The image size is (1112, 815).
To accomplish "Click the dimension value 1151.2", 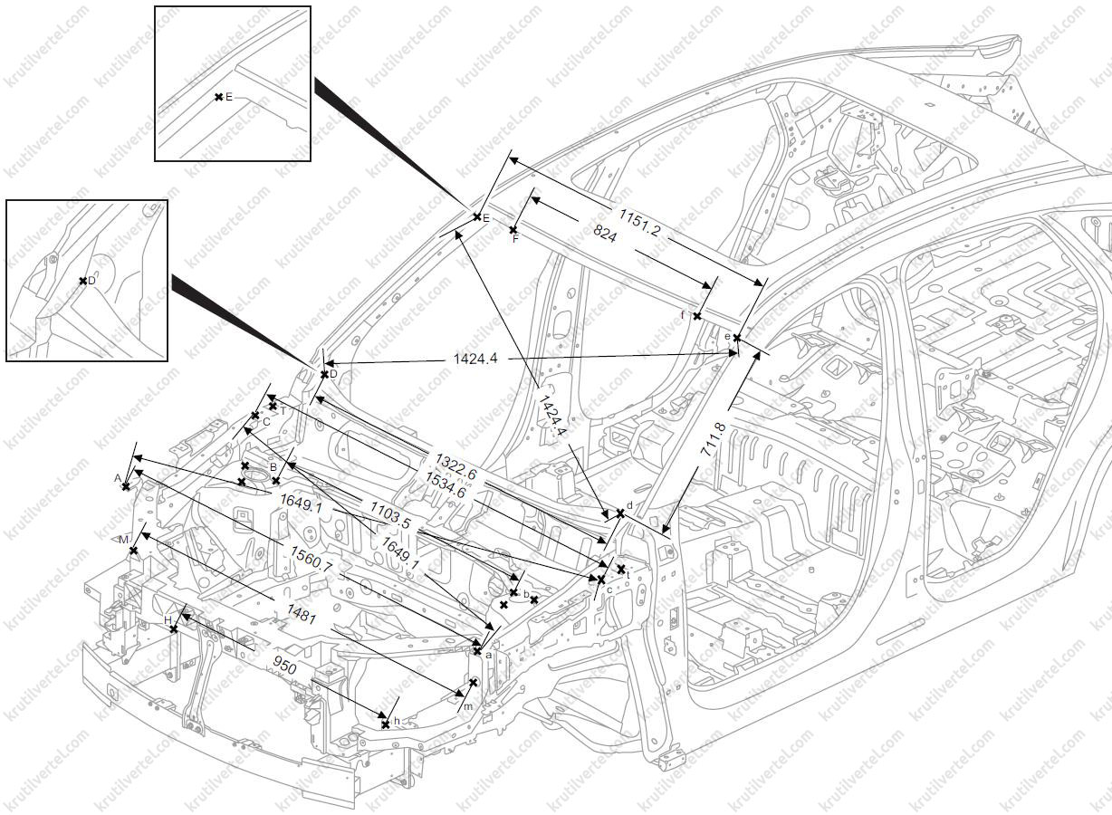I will click(639, 224).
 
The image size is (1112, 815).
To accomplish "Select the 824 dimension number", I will click(605, 236).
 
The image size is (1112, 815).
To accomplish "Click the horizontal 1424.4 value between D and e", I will click(475, 359).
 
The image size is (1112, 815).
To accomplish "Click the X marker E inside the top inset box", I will click(218, 97).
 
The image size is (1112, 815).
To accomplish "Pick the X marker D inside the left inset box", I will click(82, 281).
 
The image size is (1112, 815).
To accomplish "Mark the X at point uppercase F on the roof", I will click(513, 230).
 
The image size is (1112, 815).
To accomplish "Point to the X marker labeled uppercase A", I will click(126, 486).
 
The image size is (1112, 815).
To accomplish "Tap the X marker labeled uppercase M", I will click(133, 551).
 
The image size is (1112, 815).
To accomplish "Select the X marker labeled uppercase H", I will click(174, 628).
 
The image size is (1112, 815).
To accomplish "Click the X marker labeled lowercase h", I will click(385, 724).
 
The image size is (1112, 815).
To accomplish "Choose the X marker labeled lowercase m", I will click(473, 682).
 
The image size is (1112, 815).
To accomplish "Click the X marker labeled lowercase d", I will click(620, 513).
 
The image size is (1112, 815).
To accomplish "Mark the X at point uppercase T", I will click(273, 406).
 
